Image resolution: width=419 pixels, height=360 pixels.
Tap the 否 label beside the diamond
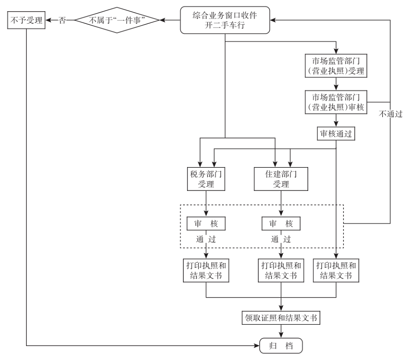[62, 20]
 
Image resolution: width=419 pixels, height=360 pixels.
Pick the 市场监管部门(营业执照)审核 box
[336, 102]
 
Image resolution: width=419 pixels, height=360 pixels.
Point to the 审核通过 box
[336, 134]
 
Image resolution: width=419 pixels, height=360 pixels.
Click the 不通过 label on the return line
[390, 114]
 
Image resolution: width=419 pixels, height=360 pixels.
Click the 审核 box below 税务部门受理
[206, 223]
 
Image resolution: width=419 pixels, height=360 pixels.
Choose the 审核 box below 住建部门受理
[281, 223]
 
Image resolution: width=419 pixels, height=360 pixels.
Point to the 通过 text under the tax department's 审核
[206, 239]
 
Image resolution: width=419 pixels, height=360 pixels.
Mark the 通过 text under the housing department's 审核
[281, 239]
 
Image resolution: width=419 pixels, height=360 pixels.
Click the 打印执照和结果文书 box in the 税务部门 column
[206, 270]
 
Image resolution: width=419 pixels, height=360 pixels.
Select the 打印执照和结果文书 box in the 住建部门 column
[281, 270]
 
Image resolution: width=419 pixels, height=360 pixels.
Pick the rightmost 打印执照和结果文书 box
[336, 270]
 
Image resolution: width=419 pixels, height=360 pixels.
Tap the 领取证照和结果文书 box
[281, 318]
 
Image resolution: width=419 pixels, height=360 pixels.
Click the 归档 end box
[281, 346]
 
